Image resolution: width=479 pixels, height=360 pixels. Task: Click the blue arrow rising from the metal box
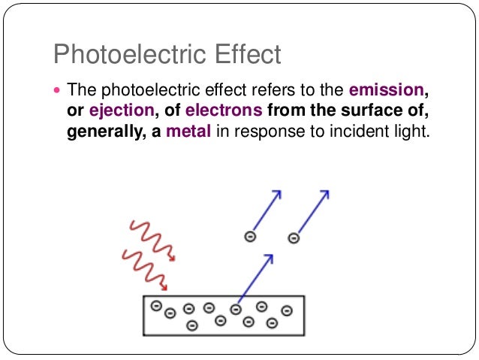[x=255, y=278]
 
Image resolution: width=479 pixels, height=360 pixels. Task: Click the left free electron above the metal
[x=251, y=237]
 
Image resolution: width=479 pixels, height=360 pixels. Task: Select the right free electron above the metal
[x=294, y=238]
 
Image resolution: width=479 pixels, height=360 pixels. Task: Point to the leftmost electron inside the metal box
[x=156, y=305]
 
